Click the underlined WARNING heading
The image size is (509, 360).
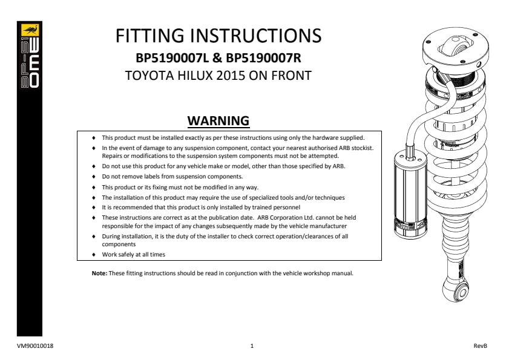[x=218, y=121]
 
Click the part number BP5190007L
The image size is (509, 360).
[x=172, y=58]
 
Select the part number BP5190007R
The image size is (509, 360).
[x=263, y=58]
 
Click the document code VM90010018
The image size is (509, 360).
[x=35, y=346]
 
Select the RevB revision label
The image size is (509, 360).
[x=481, y=346]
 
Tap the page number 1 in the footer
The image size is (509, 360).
[x=252, y=346]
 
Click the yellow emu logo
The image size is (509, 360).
[x=30, y=30]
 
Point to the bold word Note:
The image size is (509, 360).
[x=99, y=273]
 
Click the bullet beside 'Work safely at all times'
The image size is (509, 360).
[x=94, y=255]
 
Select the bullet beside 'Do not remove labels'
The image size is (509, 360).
[x=94, y=177]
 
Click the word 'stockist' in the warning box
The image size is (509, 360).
[x=363, y=148]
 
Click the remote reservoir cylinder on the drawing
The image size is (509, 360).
[x=410, y=195]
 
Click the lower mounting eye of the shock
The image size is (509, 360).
[x=456, y=290]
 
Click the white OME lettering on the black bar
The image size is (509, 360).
[x=34, y=64]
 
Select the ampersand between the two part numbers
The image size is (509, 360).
[x=217, y=59]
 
